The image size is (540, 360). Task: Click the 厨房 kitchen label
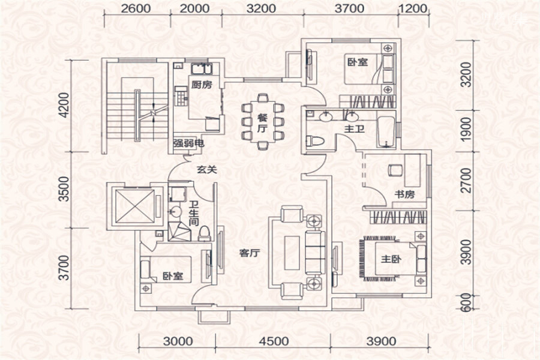pos(202,85)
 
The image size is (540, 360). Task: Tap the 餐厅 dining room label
pos(262,123)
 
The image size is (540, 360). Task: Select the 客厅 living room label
pos(250,253)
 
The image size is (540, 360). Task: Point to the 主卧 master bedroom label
pos(391,259)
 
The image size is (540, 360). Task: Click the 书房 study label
pos(404,194)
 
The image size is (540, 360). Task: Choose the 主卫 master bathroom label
pos(355,129)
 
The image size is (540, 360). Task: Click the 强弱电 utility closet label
pos(188,143)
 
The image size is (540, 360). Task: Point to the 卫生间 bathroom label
pos(194,214)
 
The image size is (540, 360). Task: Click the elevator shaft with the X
pos(134,206)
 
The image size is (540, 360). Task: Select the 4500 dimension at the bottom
pos(274,341)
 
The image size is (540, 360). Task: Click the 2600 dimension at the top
pos(136,8)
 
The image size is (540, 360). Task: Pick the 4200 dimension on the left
pos(64,105)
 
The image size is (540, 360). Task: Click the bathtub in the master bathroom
pos(386,133)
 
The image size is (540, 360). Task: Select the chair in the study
pos(395,170)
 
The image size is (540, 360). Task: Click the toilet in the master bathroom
pos(316,141)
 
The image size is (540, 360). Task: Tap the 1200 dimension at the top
pos(413,8)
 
